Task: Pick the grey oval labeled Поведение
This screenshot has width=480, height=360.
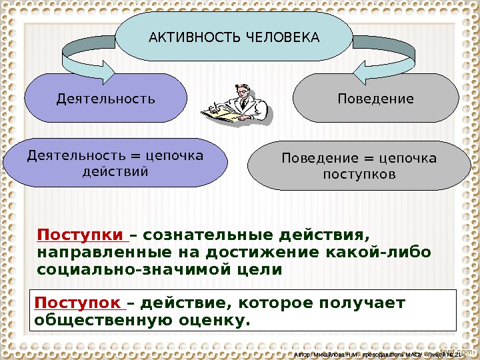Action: (x=375, y=99)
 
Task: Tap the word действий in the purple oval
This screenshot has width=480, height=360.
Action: (x=115, y=172)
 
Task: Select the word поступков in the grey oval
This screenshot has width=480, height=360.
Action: (x=359, y=175)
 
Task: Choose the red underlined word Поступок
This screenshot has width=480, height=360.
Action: (x=78, y=304)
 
